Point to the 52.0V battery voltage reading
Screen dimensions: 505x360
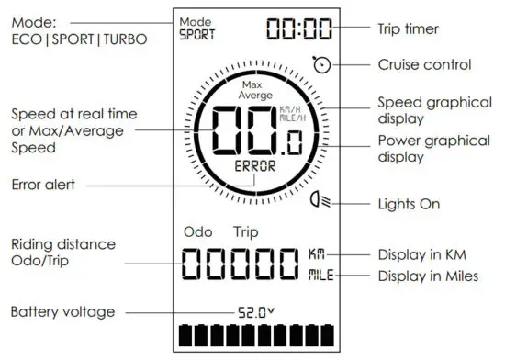tap(255, 312)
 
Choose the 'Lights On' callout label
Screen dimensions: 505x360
tap(408, 202)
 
